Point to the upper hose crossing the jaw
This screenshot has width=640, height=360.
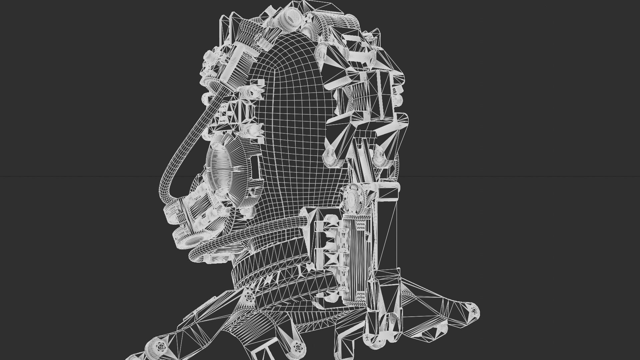(267, 226)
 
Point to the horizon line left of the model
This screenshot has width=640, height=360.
(67, 176)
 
